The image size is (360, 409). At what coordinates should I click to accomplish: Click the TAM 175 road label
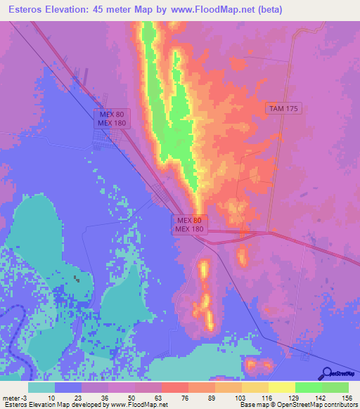[x=283, y=108]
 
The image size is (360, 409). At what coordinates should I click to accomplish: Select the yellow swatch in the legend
[x=281, y=387]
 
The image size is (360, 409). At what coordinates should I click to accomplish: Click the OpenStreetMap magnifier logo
[x=326, y=372]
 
